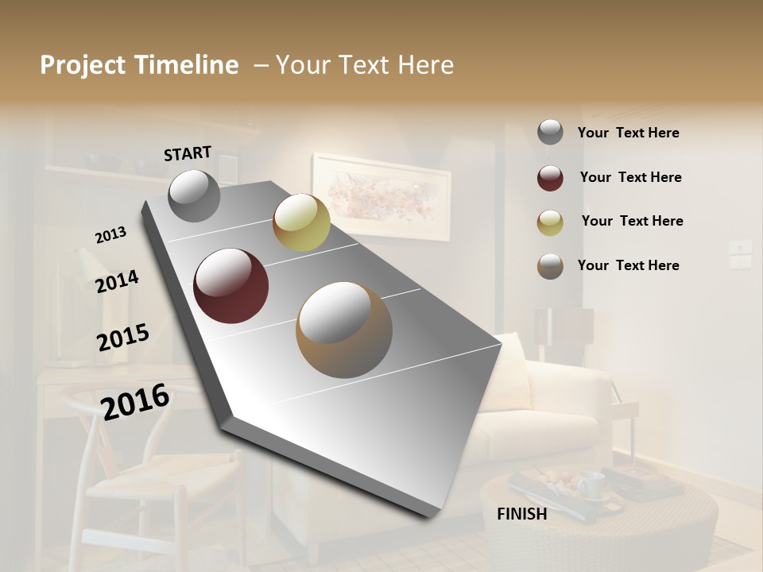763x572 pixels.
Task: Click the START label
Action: (188, 153)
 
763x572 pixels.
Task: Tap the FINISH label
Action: (521, 514)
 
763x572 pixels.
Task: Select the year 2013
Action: (110, 235)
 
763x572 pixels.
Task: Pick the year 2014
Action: (117, 282)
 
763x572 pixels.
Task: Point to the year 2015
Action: (122, 338)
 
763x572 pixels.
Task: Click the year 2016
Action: (135, 401)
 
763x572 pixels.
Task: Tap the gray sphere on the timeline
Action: (195, 195)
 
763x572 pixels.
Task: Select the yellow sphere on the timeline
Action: (301, 222)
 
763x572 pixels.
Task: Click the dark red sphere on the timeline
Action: (231, 286)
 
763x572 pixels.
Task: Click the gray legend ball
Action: (550, 132)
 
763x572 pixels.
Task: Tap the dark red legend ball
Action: (550, 178)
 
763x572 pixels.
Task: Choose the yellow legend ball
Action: (550, 222)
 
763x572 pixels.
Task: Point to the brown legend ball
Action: (550, 266)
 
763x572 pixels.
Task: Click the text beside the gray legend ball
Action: (628, 133)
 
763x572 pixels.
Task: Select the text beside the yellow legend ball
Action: (632, 221)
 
